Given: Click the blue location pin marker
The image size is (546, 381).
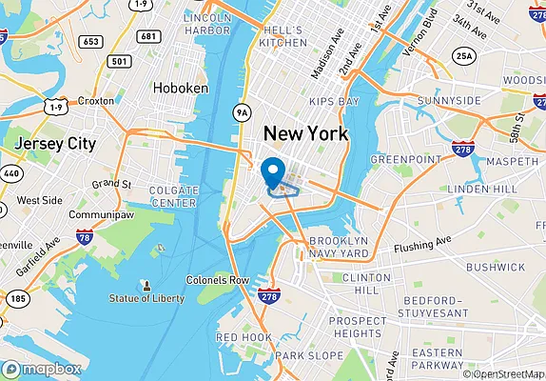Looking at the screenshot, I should tap(274, 171).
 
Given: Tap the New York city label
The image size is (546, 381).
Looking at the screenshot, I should tap(305, 133).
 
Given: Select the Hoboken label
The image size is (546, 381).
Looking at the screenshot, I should tap(180, 88).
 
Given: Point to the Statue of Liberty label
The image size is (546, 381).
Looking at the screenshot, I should tap(147, 298).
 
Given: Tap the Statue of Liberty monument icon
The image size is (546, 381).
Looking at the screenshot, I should tap(146, 285).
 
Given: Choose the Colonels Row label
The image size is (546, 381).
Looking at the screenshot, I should tap(218, 280).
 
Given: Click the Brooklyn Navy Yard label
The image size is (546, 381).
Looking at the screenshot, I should tap(339, 248).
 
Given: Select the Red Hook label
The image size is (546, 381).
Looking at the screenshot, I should tap(244, 337).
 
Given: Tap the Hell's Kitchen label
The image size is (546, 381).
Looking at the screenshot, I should tap(283, 35).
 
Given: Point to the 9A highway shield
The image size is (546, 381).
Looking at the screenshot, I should tap(243, 112).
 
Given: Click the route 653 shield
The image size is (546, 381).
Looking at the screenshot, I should tap(91, 41).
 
